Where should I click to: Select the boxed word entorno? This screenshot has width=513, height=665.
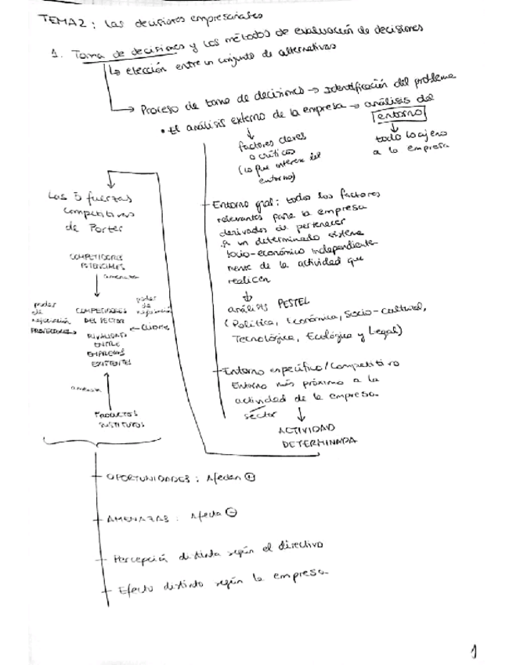coord(399,114)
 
